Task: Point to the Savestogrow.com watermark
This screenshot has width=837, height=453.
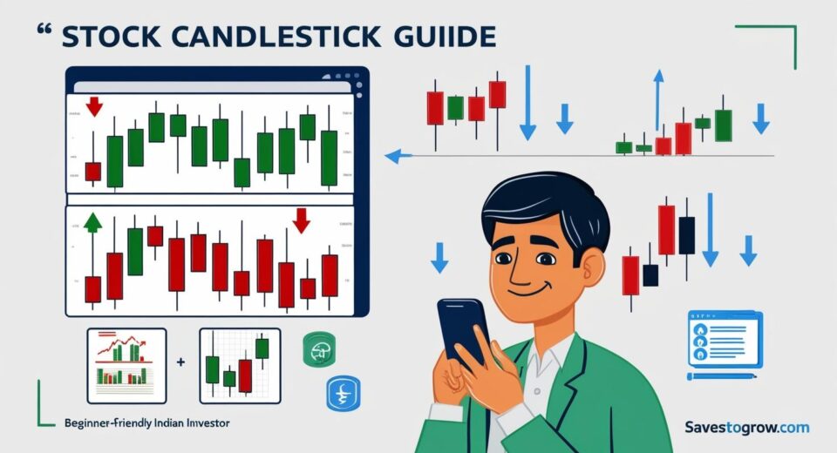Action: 746,427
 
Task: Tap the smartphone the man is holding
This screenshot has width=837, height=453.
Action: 461,330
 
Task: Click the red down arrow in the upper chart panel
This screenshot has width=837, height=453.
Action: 94,106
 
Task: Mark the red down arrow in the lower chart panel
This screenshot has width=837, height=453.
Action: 302,220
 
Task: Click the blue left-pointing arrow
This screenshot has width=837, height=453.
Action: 397,157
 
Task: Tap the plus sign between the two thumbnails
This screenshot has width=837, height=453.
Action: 180,361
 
